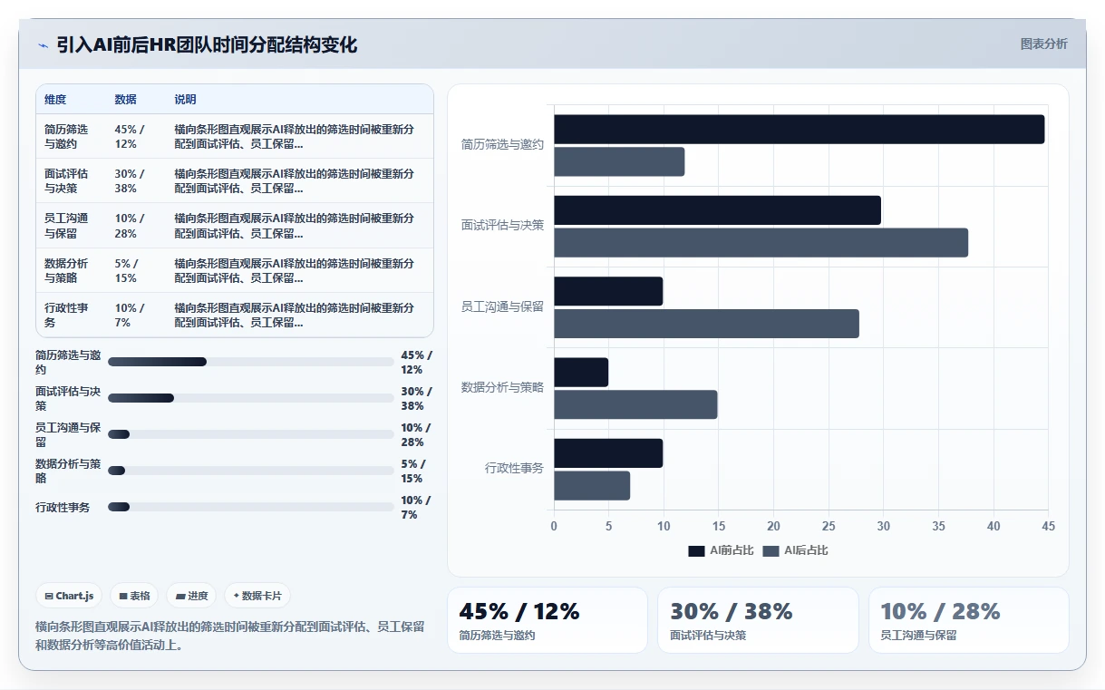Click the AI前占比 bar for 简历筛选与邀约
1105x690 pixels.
(800, 130)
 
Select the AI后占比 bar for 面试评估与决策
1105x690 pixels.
(761, 242)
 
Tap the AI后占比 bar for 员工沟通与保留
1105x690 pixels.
(706, 324)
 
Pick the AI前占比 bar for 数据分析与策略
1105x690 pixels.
(581, 372)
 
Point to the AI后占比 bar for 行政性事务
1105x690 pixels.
(592, 486)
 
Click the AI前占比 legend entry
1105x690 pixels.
(721, 550)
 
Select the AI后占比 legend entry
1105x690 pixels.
(795, 550)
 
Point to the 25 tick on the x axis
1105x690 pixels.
(829, 526)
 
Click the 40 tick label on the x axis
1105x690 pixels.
(994, 526)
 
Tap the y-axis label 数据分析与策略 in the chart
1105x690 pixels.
(502, 387)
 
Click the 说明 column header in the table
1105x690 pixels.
(185, 99)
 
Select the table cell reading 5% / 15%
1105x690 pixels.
(126, 270)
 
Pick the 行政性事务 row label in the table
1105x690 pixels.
(66, 315)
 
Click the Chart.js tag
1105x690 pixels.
(69, 596)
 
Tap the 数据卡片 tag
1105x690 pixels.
(257, 596)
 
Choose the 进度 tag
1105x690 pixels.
(191, 596)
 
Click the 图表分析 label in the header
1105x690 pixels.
(1044, 44)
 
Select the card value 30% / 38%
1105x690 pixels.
(731, 611)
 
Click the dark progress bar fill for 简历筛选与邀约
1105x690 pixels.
(158, 362)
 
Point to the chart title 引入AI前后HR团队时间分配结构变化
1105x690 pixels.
(207, 45)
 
